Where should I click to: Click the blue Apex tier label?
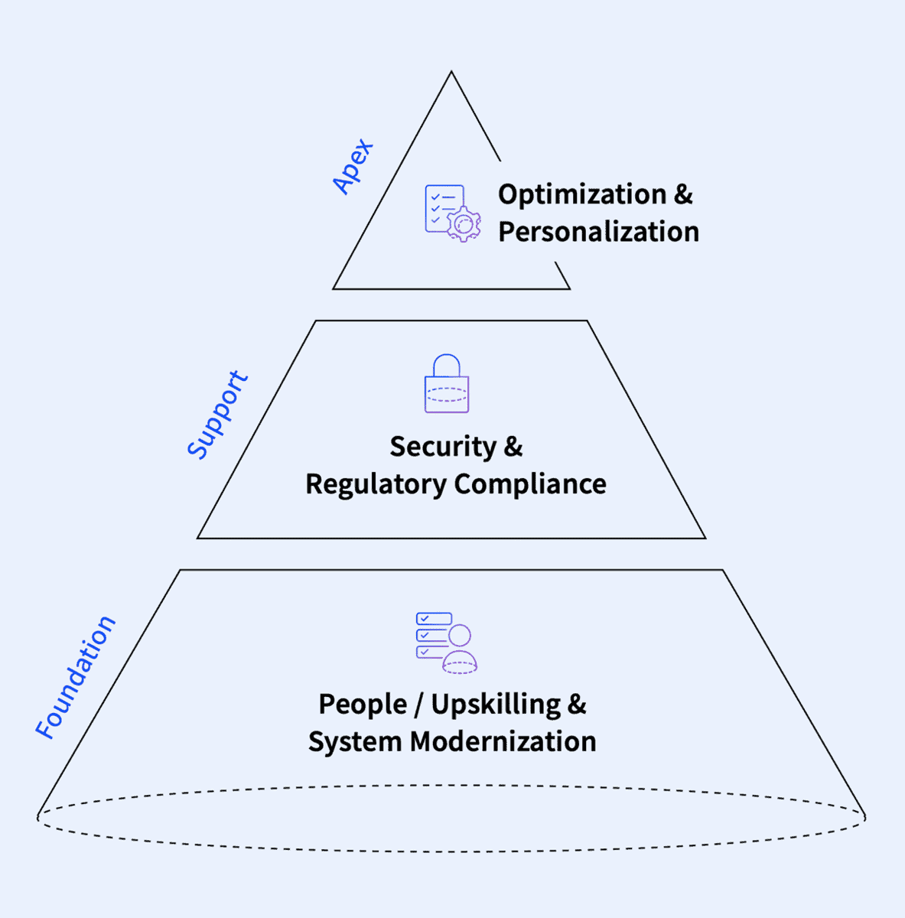[x=353, y=166]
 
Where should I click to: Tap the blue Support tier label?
[x=219, y=415]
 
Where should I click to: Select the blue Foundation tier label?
[x=76, y=678]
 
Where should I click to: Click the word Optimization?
[x=582, y=194]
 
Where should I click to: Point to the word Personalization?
[x=598, y=232]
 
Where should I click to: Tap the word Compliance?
[x=530, y=483]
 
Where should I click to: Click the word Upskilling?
[x=496, y=704]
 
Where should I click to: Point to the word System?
[x=355, y=741]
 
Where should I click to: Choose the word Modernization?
[x=503, y=741]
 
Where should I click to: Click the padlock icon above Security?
[x=447, y=384]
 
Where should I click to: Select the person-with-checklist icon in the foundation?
[x=447, y=643]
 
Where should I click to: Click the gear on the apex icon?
[x=464, y=224]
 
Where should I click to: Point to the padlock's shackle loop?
[x=447, y=365]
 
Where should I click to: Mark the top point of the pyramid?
[x=451, y=73]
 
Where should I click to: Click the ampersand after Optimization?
[x=683, y=194]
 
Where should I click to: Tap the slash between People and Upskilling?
[x=418, y=704]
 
